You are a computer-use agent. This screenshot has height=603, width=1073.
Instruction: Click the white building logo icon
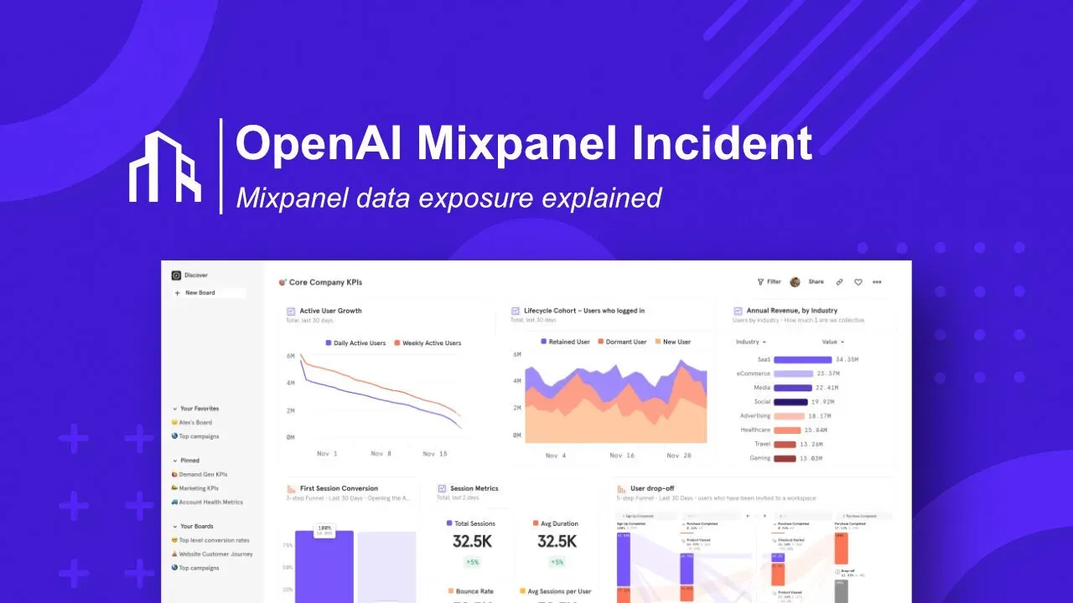(165, 167)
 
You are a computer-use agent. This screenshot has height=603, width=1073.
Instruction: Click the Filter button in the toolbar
(769, 282)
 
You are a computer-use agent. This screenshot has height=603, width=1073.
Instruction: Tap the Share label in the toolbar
(816, 282)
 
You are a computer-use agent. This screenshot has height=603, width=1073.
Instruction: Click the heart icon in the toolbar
(858, 282)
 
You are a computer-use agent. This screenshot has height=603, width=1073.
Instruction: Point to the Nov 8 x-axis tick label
(381, 453)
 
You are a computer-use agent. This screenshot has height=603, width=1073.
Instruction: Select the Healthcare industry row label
(754, 430)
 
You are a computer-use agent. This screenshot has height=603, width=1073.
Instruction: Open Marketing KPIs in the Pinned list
(199, 488)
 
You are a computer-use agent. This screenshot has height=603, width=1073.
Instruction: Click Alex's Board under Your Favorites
(195, 423)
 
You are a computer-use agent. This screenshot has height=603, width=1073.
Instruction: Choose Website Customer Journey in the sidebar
(215, 554)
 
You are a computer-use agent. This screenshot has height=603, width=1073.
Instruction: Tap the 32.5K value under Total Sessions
(473, 541)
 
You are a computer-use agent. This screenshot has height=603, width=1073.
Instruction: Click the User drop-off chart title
(652, 488)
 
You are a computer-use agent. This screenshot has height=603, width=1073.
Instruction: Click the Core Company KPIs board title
(325, 282)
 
